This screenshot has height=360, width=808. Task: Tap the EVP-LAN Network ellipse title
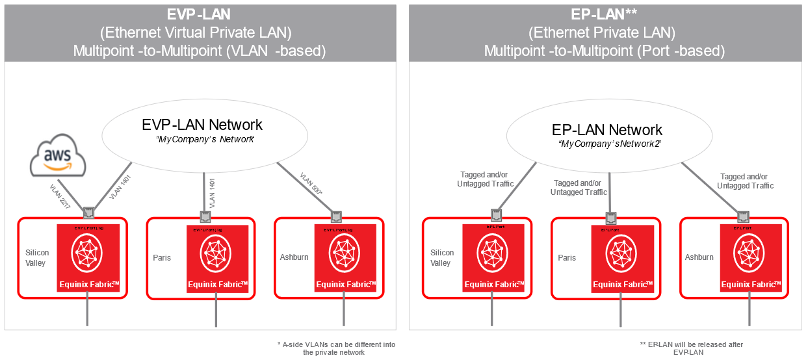pyautogui.click(x=202, y=125)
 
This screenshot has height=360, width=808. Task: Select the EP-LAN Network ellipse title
pyautogui.click(x=607, y=130)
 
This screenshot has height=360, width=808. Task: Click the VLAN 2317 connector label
pyautogui.click(x=60, y=196)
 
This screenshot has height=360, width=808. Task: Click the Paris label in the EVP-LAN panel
pyautogui.click(x=162, y=258)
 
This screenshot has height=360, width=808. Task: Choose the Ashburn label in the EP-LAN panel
pyautogui.click(x=699, y=257)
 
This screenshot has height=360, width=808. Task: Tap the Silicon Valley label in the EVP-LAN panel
pyautogui.click(x=36, y=258)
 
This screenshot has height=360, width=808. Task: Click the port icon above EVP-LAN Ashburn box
pyautogui.click(x=336, y=216)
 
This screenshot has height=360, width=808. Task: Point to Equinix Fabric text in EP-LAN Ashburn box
pyautogui.click(x=748, y=284)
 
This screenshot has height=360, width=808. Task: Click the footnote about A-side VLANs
pyautogui.click(x=335, y=348)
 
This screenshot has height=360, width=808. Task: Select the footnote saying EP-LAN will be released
pyautogui.click(x=692, y=348)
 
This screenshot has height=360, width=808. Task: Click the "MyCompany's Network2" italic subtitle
pyautogui.click(x=610, y=144)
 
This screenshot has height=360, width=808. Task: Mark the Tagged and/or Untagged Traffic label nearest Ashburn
pyautogui.click(x=745, y=181)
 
